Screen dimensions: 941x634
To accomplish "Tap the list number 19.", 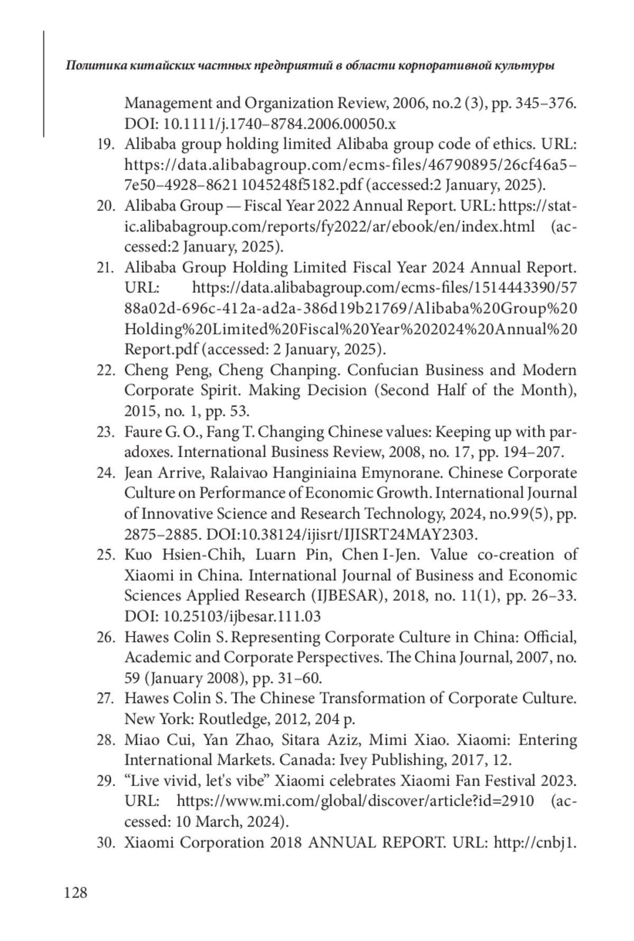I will click(106, 144).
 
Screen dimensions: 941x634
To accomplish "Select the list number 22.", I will click(106, 370).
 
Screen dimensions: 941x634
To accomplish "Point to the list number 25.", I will click(106, 555).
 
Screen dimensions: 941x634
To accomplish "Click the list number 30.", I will click(106, 843).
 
